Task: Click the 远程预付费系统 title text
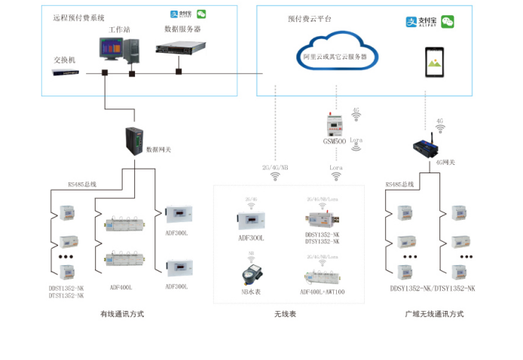[x=78, y=17]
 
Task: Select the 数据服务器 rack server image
[x=182, y=49]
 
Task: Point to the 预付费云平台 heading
[x=309, y=18]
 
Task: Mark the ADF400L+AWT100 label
[x=322, y=291]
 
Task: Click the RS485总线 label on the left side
[x=82, y=184]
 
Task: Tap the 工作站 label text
[x=119, y=29]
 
